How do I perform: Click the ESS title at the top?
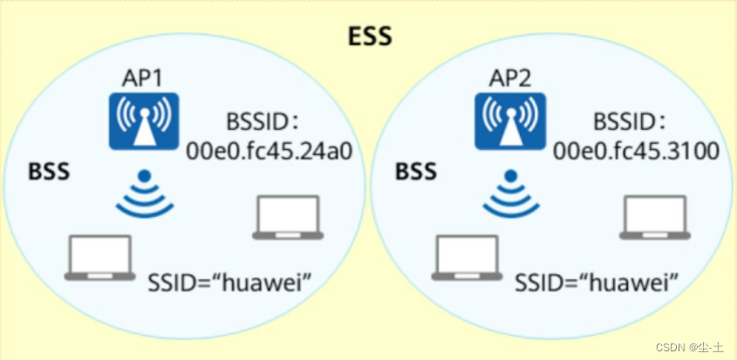[x=371, y=36]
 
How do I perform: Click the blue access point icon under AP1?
[x=143, y=122]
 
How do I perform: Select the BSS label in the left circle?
[x=49, y=171]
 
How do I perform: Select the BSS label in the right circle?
[x=416, y=171]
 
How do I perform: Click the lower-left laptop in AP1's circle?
[x=101, y=257]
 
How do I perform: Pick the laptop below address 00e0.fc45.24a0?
[x=288, y=218]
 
